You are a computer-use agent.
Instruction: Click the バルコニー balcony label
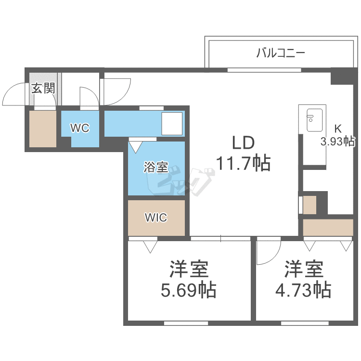click(281, 53)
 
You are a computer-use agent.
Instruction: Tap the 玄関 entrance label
click(43, 88)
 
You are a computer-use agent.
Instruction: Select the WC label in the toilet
click(80, 128)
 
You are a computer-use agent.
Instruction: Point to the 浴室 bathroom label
click(156, 167)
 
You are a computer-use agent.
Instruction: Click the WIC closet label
click(156, 218)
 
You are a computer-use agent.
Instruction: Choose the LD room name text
click(244, 143)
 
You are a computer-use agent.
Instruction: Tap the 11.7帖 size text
click(244, 163)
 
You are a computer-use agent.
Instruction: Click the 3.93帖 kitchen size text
click(338, 142)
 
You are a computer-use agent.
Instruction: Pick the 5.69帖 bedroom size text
click(189, 290)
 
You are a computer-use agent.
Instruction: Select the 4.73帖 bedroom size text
click(303, 290)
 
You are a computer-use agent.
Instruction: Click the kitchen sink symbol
click(314, 120)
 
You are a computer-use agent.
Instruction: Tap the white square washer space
click(172, 123)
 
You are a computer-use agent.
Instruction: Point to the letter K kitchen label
click(338, 129)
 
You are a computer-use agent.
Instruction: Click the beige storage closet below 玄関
click(43, 129)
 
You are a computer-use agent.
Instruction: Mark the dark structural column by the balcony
click(342, 76)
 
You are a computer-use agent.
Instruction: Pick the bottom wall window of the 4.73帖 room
click(305, 323)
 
